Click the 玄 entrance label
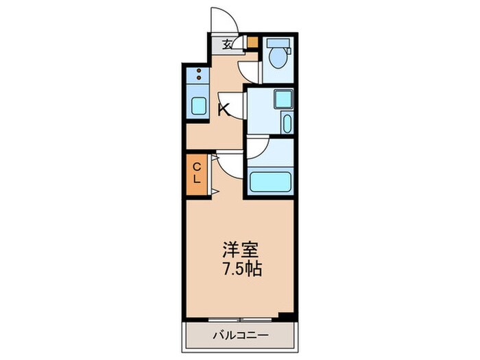click(x=226, y=45)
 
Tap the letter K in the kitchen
click(x=223, y=108)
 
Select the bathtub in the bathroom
click(x=270, y=182)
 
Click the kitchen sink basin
click(x=198, y=106)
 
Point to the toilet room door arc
click(x=250, y=71)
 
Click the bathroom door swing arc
click(x=257, y=148)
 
